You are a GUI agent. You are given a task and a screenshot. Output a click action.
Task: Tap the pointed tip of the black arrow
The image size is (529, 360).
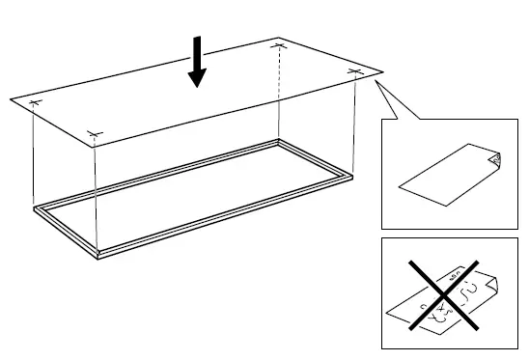[197, 86]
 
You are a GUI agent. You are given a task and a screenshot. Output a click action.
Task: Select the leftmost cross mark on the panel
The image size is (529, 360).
[35, 102]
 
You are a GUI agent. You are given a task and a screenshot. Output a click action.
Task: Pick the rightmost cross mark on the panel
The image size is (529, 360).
[354, 71]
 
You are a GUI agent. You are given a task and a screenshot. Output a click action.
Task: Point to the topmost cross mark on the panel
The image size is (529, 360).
[279, 45]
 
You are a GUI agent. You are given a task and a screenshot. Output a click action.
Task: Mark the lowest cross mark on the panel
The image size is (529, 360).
[95, 134]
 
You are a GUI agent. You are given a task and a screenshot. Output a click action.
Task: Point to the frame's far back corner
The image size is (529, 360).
[280, 141]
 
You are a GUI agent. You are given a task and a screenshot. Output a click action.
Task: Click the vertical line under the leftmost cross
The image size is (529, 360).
[35, 154]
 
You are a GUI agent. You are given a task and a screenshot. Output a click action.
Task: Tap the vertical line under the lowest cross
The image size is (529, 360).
[97, 193]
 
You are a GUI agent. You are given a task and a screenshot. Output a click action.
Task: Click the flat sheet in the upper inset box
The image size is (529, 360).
[444, 179]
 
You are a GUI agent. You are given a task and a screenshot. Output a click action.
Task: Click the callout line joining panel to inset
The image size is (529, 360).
[397, 100]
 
